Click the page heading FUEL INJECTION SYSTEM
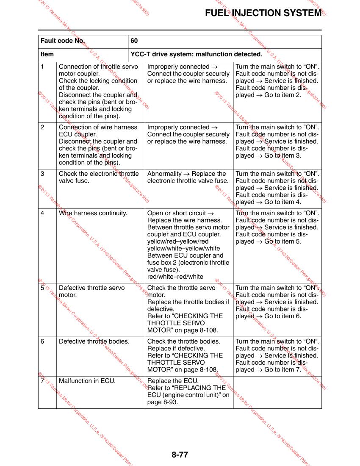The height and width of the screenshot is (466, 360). click(263, 13)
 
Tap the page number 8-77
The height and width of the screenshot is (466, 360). click(180, 455)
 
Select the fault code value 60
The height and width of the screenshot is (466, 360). click(134, 41)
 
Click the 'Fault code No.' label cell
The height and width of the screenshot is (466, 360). click(63, 41)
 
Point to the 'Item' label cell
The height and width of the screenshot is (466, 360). click(47, 55)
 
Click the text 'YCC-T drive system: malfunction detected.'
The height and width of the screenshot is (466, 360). click(197, 55)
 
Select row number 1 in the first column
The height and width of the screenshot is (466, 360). click(42, 67)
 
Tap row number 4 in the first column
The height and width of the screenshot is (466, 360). click(42, 213)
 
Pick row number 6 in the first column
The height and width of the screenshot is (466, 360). click(42, 341)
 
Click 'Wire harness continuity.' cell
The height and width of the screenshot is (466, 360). click(93, 213)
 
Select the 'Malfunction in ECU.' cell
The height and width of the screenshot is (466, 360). click(87, 381)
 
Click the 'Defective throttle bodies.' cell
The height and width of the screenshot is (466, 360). click(94, 341)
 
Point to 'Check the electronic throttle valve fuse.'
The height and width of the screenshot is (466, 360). click(98, 178)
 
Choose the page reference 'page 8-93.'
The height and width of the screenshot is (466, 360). click(163, 402)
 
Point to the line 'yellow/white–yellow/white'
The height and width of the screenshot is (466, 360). click(183, 248)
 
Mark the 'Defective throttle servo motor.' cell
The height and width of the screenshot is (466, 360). click(91, 291)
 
